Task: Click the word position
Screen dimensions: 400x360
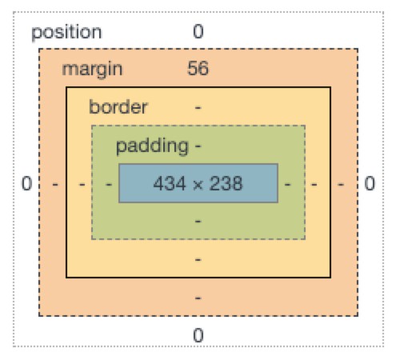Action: pyautogui.click(x=66, y=33)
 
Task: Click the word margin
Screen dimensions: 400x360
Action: pyautogui.click(x=92, y=70)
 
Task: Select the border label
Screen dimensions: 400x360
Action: pyautogui.click(x=118, y=106)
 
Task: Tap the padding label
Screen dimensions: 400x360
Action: pyautogui.click(x=152, y=146)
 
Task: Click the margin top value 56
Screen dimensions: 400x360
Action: pyautogui.click(x=198, y=69)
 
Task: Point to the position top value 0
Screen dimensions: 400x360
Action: pyautogui.click(x=198, y=31)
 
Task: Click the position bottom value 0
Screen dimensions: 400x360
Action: pyautogui.click(x=198, y=335)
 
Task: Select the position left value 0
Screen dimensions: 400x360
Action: pyautogui.click(x=26, y=183)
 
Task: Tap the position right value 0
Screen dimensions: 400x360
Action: pyautogui.click(x=370, y=183)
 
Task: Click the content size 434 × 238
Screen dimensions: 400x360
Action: pyautogui.click(x=198, y=183)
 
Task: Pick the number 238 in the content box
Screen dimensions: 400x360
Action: pyautogui.click(x=226, y=183)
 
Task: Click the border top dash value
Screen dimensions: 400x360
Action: pyautogui.click(x=198, y=108)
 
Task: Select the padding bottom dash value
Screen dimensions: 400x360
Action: pyautogui.click(x=198, y=222)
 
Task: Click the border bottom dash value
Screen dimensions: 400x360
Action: pyautogui.click(x=198, y=259)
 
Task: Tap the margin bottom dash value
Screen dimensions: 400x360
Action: pyautogui.click(x=198, y=298)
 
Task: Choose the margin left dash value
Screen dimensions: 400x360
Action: pyautogui.click(x=55, y=184)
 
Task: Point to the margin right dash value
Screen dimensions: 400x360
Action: pyautogui.click(x=341, y=184)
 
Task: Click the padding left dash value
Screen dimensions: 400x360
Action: pyautogui.click(x=109, y=184)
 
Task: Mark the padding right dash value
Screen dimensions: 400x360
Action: pyautogui.click(x=287, y=184)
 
